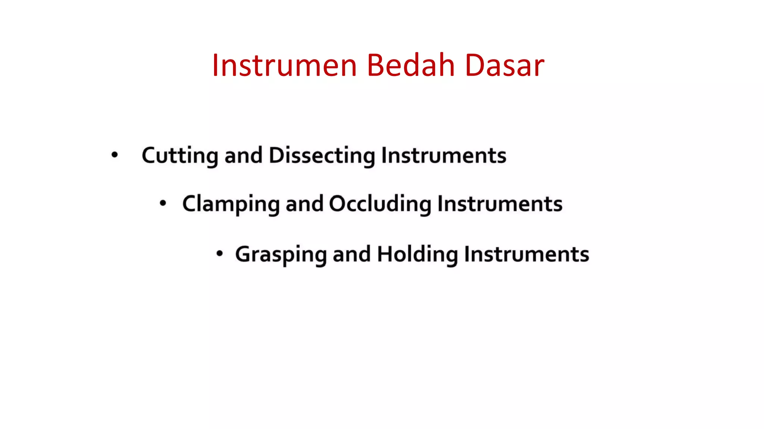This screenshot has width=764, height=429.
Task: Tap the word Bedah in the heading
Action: pos(410,66)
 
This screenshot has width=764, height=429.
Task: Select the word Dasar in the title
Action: pos(504,66)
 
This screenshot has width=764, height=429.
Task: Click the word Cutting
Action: pos(179,156)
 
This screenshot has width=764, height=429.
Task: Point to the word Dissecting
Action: pos(322,156)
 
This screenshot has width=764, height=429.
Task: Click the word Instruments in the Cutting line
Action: pos(444,156)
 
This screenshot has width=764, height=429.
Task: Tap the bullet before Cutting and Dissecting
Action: pos(115,155)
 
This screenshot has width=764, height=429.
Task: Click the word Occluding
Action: pos(380,204)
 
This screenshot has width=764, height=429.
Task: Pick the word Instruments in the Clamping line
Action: pos(500,204)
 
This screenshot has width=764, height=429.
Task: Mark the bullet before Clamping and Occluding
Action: pos(163,203)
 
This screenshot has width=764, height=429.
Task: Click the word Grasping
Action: pos(281,255)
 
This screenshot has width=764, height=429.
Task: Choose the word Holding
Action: pos(417,255)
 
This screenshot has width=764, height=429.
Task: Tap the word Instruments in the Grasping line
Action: pos(526,255)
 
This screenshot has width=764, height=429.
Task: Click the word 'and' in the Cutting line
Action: pos(243,156)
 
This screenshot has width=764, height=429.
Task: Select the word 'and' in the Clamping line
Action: pos(304,204)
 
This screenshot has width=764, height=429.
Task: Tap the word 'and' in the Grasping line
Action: pos(351,255)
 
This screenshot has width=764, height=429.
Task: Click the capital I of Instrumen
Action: pos(215,66)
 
